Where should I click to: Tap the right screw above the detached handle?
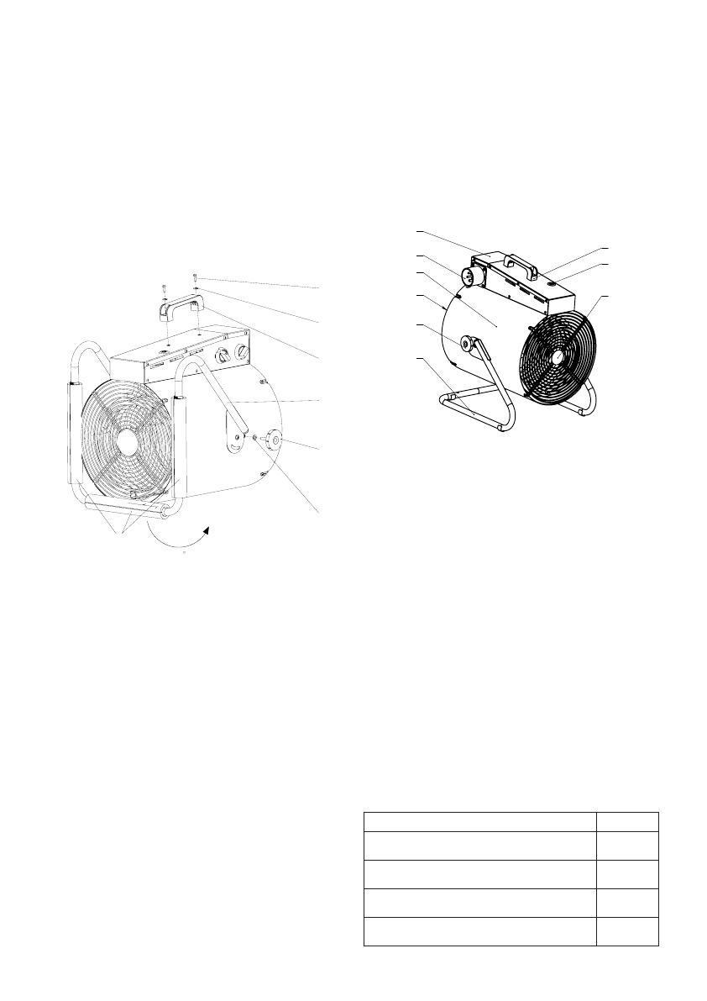(195, 277)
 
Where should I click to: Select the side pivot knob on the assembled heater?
(468, 345)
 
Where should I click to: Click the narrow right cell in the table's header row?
(627, 820)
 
